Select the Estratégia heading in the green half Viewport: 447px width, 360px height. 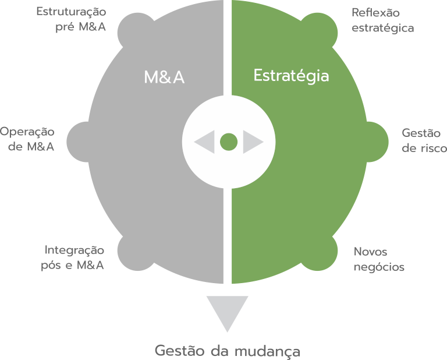coord(291,76)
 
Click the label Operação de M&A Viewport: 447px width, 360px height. coord(27,139)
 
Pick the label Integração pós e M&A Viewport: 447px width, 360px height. coord(75,258)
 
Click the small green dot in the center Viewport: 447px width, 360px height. coord(229,142)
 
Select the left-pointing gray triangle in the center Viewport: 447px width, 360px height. coord(205,142)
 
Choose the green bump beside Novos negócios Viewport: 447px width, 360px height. coord(324,250)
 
